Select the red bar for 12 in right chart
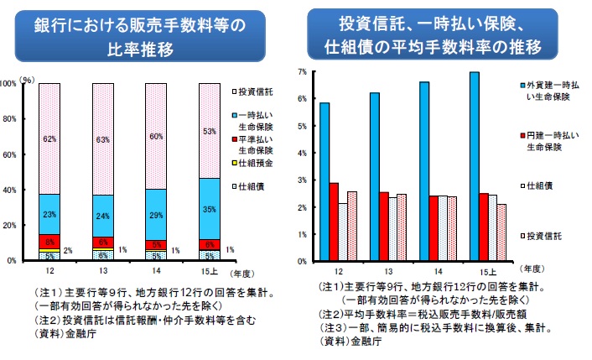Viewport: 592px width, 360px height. pos(334,222)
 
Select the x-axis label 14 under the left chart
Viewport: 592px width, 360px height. pos(157,270)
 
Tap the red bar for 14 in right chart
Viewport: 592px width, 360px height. pos(434,228)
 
